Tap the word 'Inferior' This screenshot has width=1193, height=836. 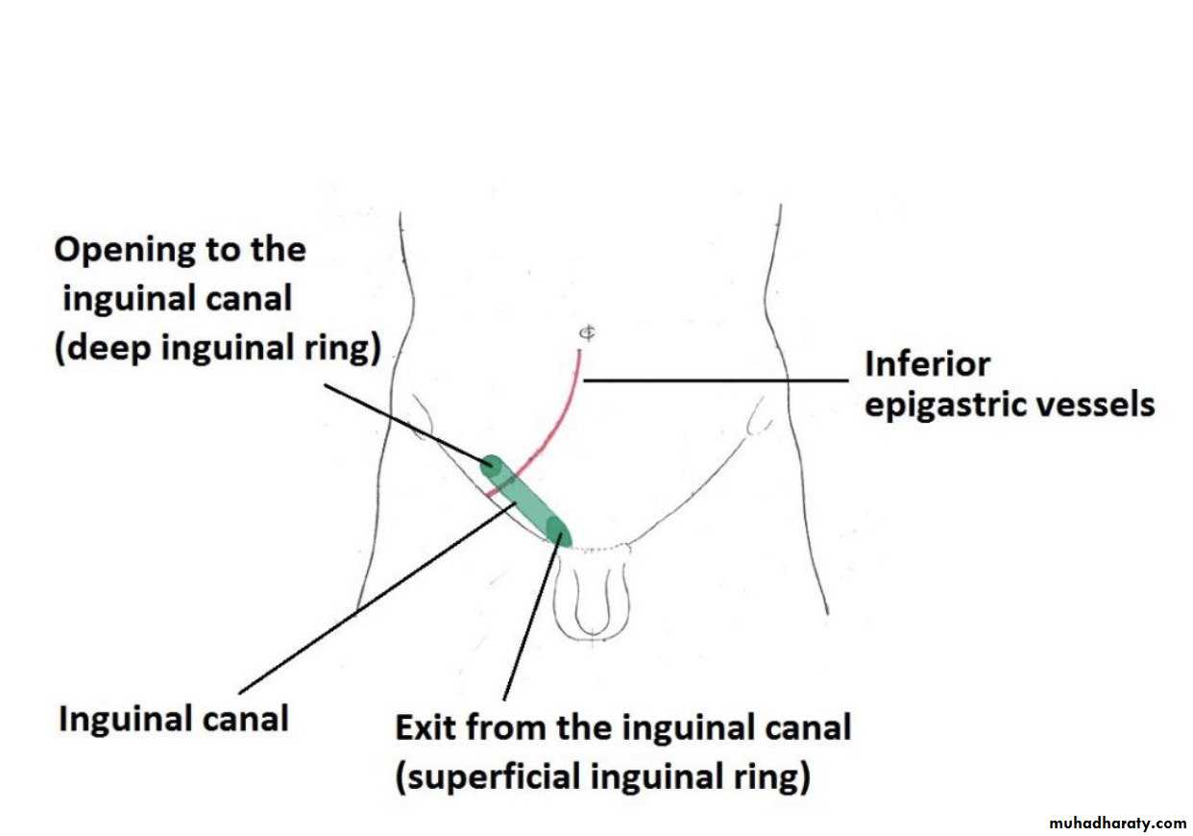click(927, 364)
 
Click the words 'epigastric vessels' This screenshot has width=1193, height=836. click(1010, 405)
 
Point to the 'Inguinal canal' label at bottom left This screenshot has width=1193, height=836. click(174, 718)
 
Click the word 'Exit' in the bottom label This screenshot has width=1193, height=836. click(426, 727)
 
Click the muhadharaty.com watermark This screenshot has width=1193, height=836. click(1118, 824)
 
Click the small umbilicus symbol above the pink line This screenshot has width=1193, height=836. click(585, 332)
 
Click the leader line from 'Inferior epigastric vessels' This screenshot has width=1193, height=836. click(716, 380)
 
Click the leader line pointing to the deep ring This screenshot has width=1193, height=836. click(403, 423)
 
